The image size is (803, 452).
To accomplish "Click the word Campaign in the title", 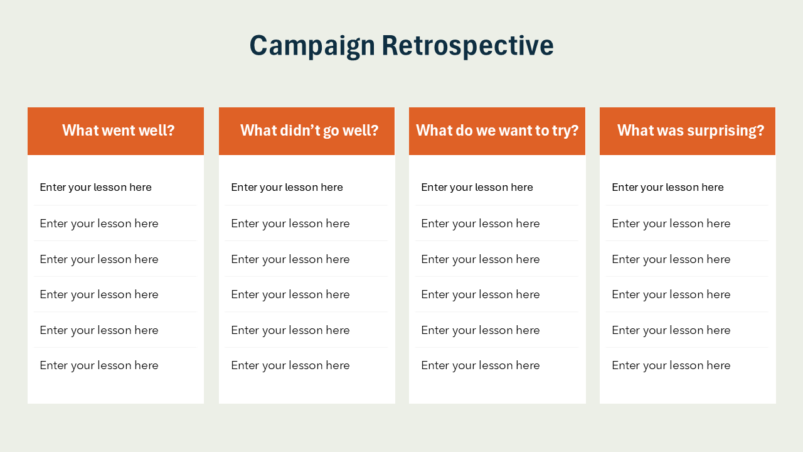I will click(x=312, y=46).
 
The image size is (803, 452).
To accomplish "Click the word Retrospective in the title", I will click(x=467, y=46).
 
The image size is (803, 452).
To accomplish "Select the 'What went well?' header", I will click(x=118, y=131).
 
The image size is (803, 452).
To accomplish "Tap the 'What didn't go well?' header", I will click(x=309, y=131).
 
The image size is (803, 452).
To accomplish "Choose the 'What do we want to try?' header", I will click(x=497, y=131).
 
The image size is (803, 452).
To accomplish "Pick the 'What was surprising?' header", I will click(x=690, y=131).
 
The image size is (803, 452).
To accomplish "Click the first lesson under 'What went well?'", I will click(x=96, y=187).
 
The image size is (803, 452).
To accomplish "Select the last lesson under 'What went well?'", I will click(x=99, y=365).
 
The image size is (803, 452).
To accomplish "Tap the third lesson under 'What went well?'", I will click(x=99, y=259).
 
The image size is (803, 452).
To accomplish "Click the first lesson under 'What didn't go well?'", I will click(x=287, y=187).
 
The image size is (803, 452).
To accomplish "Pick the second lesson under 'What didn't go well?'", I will click(x=290, y=223).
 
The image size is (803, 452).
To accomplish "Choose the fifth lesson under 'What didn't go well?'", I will click(x=290, y=330).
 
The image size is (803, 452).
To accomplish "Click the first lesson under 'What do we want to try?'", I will click(x=477, y=187).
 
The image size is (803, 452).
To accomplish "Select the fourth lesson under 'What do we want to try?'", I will click(x=480, y=294).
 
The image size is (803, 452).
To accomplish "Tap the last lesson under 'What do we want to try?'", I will click(x=480, y=365).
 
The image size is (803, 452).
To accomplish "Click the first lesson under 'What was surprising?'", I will click(x=667, y=187).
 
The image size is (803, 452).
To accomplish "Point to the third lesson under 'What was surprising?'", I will click(x=671, y=259).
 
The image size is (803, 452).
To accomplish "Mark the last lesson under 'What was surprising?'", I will click(x=671, y=365).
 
